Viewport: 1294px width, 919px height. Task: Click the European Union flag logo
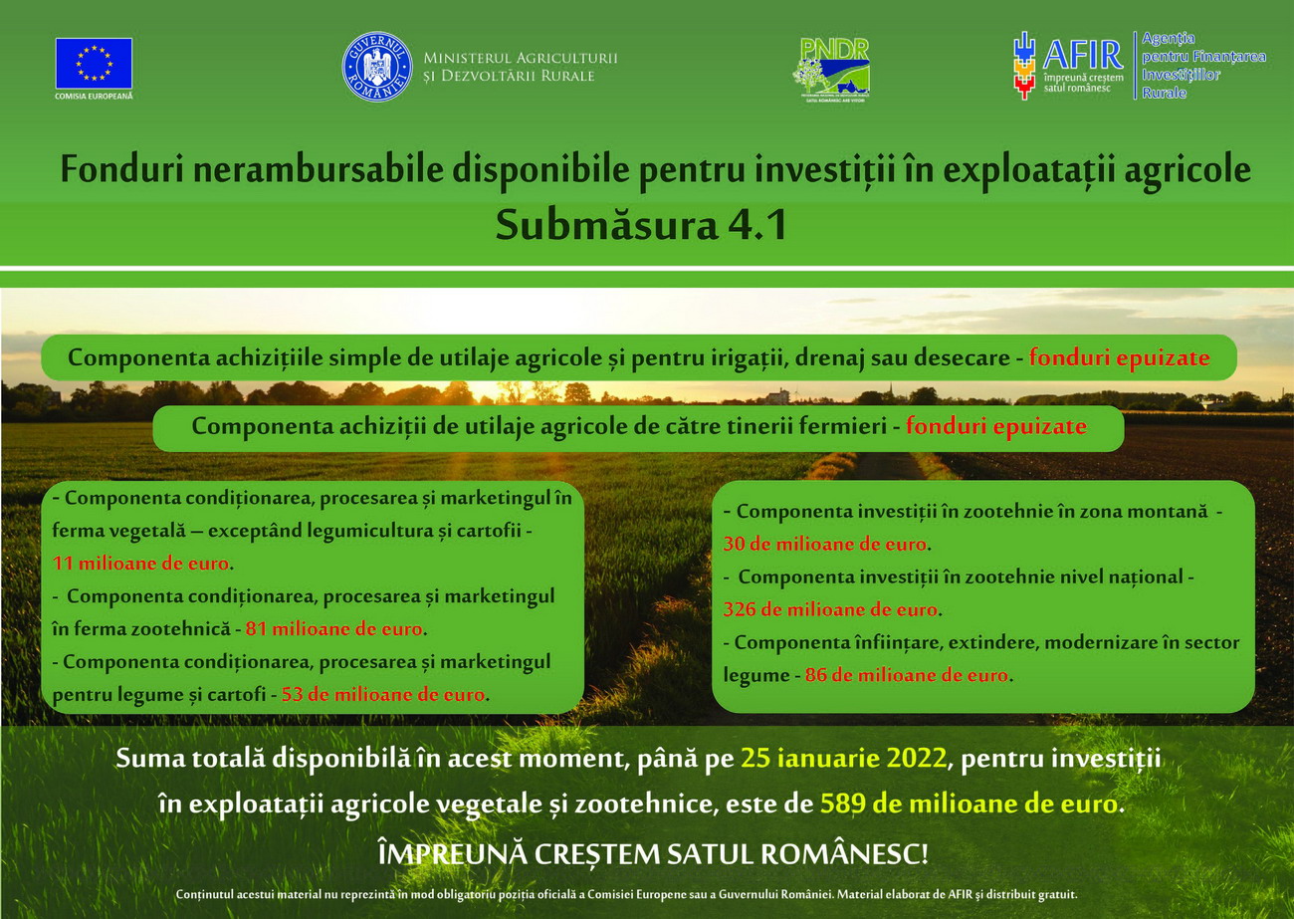click(x=94, y=63)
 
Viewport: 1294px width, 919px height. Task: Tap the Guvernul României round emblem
click(x=376, y=67)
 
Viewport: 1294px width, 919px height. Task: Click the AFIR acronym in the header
click(x=1082, y=54)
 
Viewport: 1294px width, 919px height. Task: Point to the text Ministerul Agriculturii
click(x=520, y=58)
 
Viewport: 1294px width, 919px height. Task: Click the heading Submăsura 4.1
click(x=641, y=225)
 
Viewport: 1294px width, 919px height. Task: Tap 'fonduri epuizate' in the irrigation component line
click(x=1119, y=358)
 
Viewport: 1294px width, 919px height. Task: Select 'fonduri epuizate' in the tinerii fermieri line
click(x=995, y=426)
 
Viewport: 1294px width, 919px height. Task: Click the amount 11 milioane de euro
click(x=140, y=563)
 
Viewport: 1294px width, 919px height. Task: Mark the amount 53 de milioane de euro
click(x=383, y=694)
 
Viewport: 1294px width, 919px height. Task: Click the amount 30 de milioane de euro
click(x=825, y=545)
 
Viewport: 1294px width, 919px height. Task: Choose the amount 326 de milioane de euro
click(x=830, y=609)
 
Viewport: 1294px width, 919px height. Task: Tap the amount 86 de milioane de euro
click(x=906, y=675)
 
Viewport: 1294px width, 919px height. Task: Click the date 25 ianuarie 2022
click(x=843, y=758)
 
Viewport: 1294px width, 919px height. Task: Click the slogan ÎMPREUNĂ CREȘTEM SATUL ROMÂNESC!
click(x=652, y=853)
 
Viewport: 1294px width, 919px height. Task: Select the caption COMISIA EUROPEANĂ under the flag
click(x=94, y=97)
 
